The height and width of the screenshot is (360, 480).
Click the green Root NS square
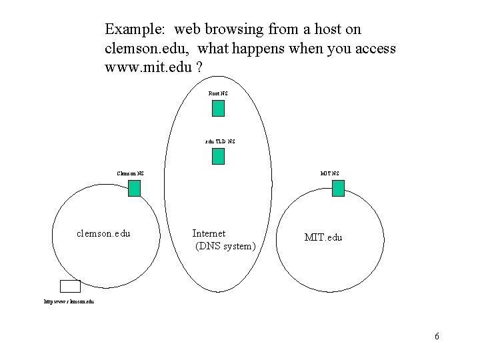(x=218, y=109)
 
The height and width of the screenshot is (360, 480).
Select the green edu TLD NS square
(x=218, y=157)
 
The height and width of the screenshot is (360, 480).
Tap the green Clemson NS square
(x=134, y=189)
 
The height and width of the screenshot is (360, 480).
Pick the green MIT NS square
(x=338, y=189)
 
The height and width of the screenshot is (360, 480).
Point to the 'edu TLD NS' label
(x=219, y=141)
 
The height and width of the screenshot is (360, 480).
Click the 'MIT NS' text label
(x=329, y=174)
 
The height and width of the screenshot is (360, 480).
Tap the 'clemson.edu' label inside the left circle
(x=103, y=234)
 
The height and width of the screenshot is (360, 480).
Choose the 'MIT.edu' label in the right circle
(x=323, y=237)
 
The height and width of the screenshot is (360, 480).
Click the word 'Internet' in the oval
(x=209, y=233)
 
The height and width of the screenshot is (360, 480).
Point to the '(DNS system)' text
(x=225, y=247)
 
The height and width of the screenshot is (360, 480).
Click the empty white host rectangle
(x=70, y=286)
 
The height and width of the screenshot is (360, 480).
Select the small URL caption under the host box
(x=69, y=302)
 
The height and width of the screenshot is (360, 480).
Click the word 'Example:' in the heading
(x=134, y=30)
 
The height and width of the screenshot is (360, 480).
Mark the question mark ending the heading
(x=200, y=68)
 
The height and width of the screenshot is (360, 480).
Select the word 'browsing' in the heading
(x=227, y=30)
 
